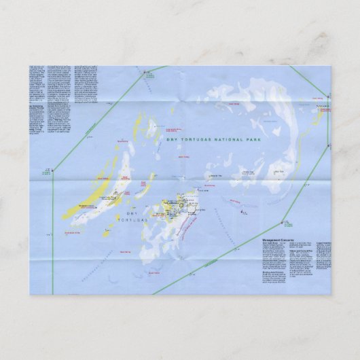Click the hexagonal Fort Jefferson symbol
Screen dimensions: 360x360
pyautogui.click(x=173, y=208)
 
